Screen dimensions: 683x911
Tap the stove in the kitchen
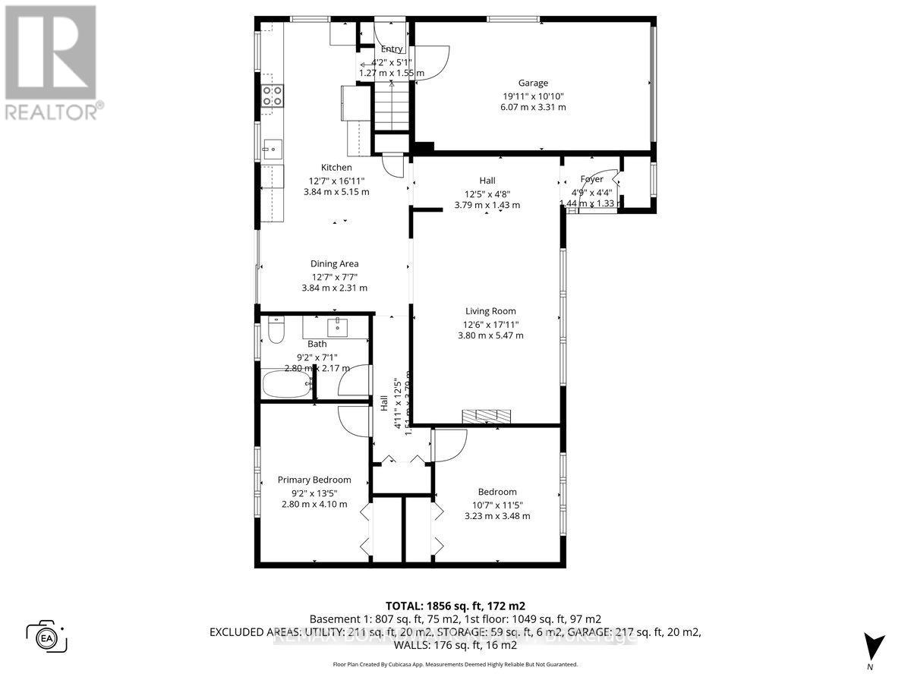pos(273,95)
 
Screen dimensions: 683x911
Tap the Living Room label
pos(490,311)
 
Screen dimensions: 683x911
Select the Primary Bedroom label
pos(314,480)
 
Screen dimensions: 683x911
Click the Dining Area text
pos(334,264)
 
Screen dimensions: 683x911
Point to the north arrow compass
pos(874,646)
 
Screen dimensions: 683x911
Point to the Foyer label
pos(591,180)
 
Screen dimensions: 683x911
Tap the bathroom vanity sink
pos(336,328)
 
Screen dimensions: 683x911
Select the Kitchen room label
pos(336,168)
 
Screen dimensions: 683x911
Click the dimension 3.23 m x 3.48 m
pos(497,516)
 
